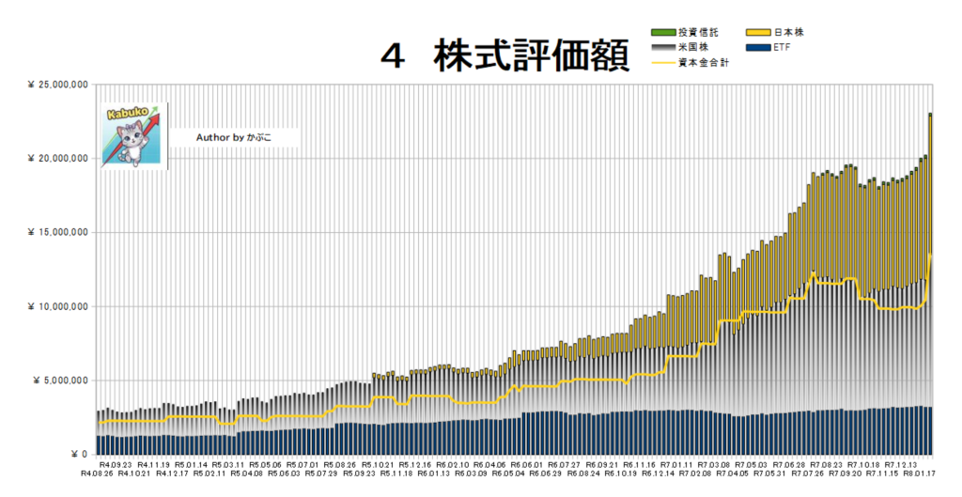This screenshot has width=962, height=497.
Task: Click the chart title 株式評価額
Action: tap(530, 57)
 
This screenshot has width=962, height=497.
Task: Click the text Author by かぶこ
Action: tap(233, 137)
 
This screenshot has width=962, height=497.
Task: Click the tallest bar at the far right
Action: tap(930, 282)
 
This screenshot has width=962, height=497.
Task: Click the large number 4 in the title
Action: tap(394, 57)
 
